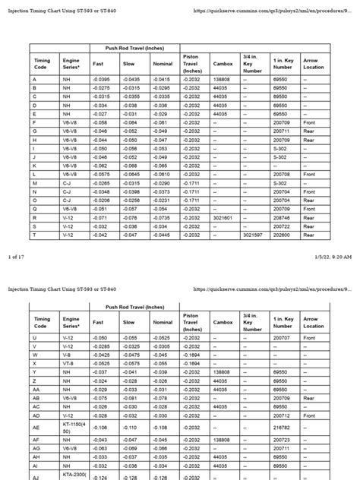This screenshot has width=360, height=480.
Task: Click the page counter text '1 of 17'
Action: coord(17,257)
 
